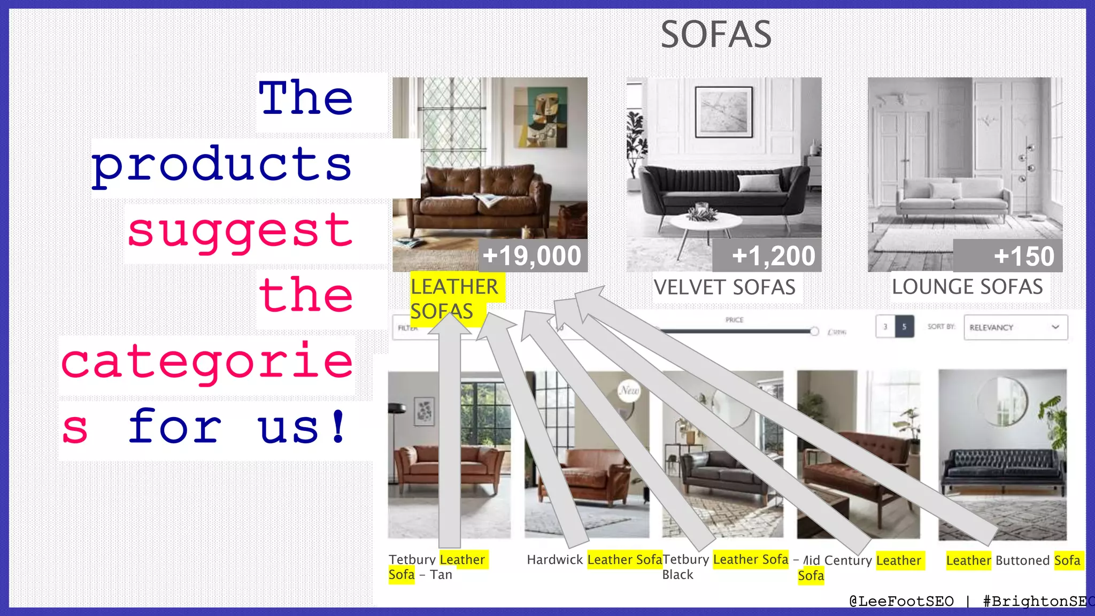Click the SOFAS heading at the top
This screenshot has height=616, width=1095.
point(716,35)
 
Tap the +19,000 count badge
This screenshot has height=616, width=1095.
point(531,256)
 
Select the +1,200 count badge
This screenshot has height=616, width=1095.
point(773,256)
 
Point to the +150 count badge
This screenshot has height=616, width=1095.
point(1023,256)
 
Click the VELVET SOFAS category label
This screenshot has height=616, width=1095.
point(724,288)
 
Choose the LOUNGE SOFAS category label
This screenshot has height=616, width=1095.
point(967,287)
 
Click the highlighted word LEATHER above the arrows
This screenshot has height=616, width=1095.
point(454,287)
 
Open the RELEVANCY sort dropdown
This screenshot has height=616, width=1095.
point(1015,327)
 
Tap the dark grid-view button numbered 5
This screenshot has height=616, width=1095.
point(904,327)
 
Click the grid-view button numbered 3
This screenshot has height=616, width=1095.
point(885,327)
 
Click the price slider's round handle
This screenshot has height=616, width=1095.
point(814,332)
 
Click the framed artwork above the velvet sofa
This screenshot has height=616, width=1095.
point(723,112)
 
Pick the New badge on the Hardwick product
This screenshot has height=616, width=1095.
point(629,390)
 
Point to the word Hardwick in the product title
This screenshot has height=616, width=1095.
point(554,560)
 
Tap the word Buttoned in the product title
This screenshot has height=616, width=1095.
point(1022,560)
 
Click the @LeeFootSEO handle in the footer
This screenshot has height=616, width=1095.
point(901,602)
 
